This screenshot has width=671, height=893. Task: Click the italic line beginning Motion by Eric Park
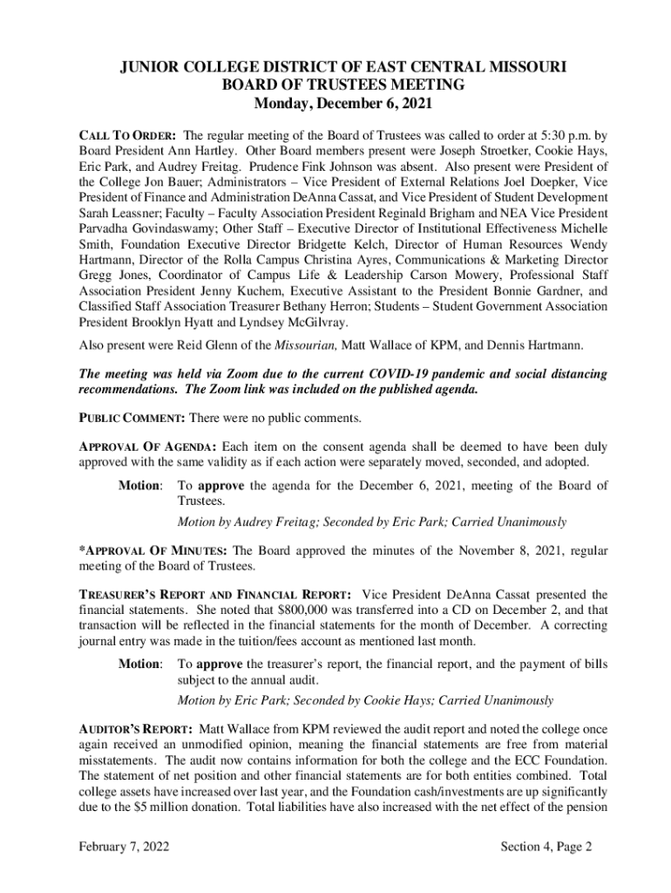365,700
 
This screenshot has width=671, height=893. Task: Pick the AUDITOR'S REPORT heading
136,728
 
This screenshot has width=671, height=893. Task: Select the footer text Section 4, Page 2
546,847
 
